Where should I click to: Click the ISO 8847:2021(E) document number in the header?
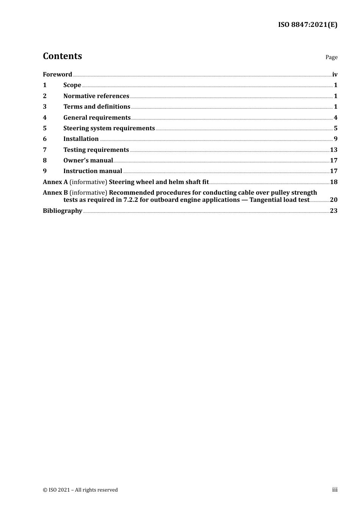(308, 25)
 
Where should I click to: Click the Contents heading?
(63, 56)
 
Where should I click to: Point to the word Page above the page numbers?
(331, 57)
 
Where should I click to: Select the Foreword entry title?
(57, 75)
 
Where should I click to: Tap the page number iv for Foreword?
(335, 75)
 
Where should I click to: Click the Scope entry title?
(72, 85)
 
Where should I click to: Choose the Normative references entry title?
(96, 96)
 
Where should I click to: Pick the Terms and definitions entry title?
(97, 107)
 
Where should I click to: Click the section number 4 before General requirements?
(45, 118)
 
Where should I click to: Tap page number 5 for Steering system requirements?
(335, 128)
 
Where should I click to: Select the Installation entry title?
(81, 139)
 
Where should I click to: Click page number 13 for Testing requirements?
(333, 150)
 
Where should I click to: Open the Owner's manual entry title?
(88, 161)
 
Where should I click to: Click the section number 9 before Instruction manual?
(45, 171)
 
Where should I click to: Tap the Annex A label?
(55, 182)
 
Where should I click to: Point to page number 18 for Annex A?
(333, 182)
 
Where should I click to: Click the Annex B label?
(55, 193)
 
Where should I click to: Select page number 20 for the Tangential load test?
(333, 200)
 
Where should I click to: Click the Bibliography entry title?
(63, 211)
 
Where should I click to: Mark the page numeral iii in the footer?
(335, 490)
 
